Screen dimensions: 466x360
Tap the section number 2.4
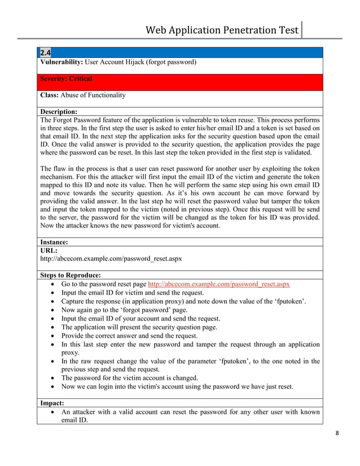point(45,53)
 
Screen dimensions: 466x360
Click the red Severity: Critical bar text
point(66,78)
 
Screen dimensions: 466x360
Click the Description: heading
point(59,112)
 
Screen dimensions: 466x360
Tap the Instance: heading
point(55,241)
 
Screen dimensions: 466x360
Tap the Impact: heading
point(52,403)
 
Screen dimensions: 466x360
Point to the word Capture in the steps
point(75,302)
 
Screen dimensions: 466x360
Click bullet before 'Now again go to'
point(52,311)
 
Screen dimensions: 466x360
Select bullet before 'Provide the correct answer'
point(52,335)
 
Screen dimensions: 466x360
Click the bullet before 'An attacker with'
point(52,412)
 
